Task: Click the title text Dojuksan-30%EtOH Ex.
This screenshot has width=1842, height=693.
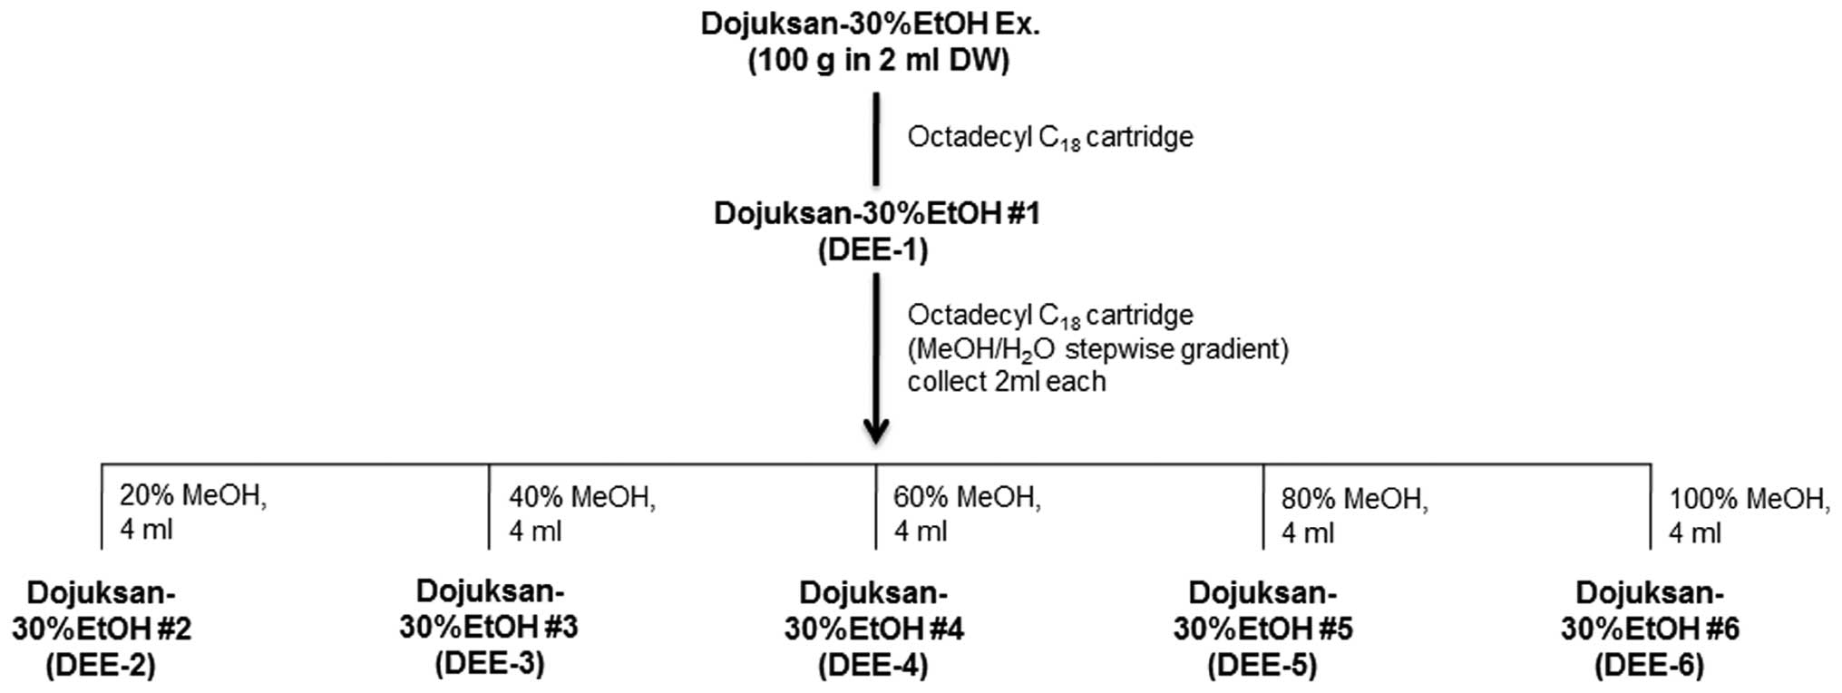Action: [870, 24]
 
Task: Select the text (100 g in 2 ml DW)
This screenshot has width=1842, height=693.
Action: [878, 62]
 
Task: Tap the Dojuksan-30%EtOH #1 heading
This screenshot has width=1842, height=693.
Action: [876, 214]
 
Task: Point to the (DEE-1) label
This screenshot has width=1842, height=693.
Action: [872, 250]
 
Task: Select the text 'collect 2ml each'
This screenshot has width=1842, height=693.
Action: [1007, 382]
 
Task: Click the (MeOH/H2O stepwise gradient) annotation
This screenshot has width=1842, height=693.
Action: [1097, 349]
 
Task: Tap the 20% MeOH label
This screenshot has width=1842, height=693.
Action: [193, 496]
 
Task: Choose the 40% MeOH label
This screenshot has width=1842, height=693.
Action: [582, 497]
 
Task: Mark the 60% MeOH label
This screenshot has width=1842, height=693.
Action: [967, 497]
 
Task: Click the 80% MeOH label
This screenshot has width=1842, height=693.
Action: [1355, 498]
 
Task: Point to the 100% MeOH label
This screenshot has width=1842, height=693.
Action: [1749, 498]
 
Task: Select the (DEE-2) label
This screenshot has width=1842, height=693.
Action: [101, 666]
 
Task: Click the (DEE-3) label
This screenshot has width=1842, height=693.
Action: [490, 664]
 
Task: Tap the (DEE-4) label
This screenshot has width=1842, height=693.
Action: [872, 666]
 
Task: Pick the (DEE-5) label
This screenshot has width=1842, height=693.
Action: [1262, 666]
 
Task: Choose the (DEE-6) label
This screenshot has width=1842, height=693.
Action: [1649, 666]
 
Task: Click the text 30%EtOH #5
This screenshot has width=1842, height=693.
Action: [1262, 630]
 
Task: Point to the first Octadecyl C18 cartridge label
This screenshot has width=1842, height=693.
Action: [1050, 138]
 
